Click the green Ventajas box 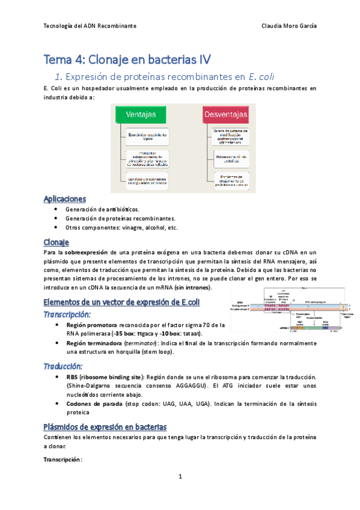141,114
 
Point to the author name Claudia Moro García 290,26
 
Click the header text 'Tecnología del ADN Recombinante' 90,26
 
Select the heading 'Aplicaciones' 65,198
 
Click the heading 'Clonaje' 57,242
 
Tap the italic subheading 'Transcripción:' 67,314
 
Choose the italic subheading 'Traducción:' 63,366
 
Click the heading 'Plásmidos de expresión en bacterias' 105,426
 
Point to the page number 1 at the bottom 180,477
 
